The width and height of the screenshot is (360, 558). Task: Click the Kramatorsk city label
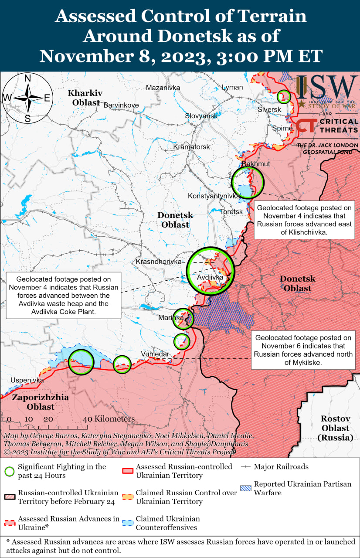tap(192, 147)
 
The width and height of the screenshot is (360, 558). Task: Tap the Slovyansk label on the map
tap(201, 116)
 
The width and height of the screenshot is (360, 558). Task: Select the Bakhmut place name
tap(255, 163)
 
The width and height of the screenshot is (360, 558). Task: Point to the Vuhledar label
tap(155, 354)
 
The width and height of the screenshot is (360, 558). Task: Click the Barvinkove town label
tap(121, 105)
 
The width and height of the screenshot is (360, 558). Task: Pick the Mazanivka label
tap(163, 88)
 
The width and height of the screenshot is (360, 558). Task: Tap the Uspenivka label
tap(27, 380)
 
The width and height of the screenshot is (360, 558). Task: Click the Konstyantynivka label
tap(214, 196)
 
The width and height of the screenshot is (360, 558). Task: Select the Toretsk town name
tap(231, 211)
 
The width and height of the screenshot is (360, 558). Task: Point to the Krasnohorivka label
tap(159, 262)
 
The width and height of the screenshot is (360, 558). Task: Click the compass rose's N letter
tap(27, 78)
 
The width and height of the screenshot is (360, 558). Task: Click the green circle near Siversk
tap(284, 96)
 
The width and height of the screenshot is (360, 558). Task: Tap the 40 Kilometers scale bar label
tap(109, 419)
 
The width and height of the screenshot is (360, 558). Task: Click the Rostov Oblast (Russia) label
tap(335, 428)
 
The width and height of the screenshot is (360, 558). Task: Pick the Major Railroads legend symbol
tap(246, 467)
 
